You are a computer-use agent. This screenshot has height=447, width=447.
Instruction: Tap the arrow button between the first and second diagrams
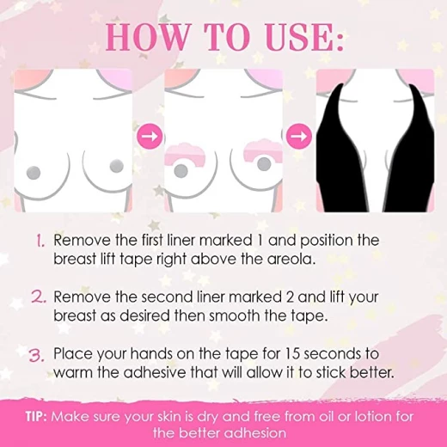tap(150, 137)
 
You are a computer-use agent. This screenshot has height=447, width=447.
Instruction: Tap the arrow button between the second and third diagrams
tap(299, 137)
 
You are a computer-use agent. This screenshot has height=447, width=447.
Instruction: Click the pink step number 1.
tap(40, 241)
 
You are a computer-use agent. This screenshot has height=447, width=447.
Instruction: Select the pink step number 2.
tap(39, 297)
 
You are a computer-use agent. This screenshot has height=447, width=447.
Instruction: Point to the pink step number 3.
tap(37, 355)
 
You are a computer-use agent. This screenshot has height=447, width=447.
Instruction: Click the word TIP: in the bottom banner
tap(36, 416)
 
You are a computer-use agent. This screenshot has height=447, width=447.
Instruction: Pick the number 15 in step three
tap(292, 354)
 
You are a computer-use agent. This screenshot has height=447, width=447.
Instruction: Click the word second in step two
tap(167, 297)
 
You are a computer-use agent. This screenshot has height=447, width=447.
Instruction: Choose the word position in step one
tap(327, 241)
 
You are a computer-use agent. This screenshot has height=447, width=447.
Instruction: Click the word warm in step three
tap(73, 373)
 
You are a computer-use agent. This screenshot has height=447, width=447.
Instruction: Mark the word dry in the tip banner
tap(207, 417)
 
